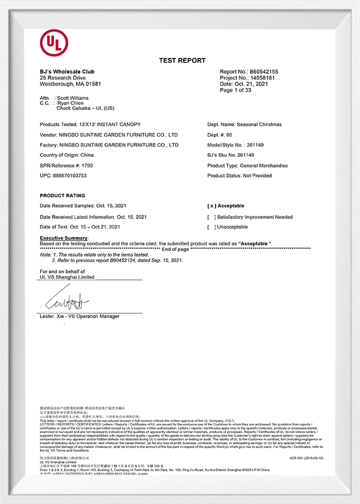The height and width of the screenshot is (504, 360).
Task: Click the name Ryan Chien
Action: [x=70, y=103]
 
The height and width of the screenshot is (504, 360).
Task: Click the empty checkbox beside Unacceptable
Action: [x=211, y=227]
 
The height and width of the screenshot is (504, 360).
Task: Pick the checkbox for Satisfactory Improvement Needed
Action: [x=211, y=217]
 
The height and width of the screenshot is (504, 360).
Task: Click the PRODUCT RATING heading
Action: [x=62, y=196]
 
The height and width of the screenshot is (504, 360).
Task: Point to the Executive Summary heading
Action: [x=63, y=238]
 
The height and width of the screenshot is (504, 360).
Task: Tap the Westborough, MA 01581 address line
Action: [x=70, y=84]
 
